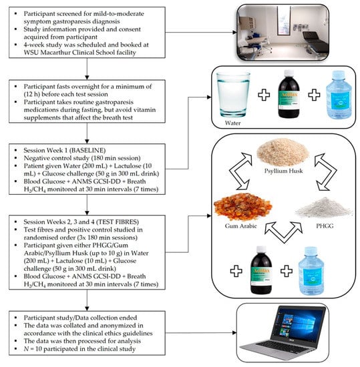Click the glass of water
233,95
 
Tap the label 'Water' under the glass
232,123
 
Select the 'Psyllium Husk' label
283,171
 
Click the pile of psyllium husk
283,152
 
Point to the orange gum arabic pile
243,207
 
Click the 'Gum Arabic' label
241,226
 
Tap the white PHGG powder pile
324,208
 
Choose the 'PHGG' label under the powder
325,226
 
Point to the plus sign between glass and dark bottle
264,95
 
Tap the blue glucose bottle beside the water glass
339,95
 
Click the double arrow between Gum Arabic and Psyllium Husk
240,171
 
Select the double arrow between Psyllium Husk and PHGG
326,171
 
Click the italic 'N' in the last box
26,349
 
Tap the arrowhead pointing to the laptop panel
234,332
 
